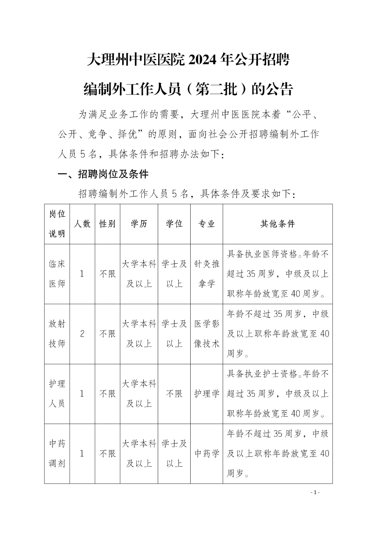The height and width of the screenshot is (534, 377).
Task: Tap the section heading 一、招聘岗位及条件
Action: pos(103,174)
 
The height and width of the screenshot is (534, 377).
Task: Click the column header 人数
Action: pos(82,224)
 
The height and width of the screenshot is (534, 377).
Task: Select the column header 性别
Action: pos(108,224)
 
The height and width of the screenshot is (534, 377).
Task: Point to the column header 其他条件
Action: pos(278,224)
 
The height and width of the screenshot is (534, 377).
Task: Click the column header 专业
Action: pos(207,224)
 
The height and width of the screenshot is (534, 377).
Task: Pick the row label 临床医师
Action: pos(57,274)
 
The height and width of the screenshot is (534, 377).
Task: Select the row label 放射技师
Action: pos(57,334)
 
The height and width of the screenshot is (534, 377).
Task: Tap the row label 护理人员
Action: pos(57,394)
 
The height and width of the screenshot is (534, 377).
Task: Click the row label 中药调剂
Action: pos(57,454)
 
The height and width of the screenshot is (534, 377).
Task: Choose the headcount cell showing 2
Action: pos(82,334)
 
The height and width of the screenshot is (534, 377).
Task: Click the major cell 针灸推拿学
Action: pos(207,274)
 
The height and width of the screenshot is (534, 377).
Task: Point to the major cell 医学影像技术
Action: pos(207,334)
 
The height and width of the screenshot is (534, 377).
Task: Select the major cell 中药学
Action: pos(207,454)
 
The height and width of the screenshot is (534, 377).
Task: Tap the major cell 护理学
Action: pos(207,394)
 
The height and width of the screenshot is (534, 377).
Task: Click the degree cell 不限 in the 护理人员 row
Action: pos(174,394)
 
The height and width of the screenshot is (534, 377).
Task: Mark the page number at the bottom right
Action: pos(315,492)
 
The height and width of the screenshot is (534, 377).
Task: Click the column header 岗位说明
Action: pos(57,224)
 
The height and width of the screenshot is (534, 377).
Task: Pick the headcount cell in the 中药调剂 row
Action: pos(82,454)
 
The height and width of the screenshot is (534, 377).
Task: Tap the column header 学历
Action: pos(139,224)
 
